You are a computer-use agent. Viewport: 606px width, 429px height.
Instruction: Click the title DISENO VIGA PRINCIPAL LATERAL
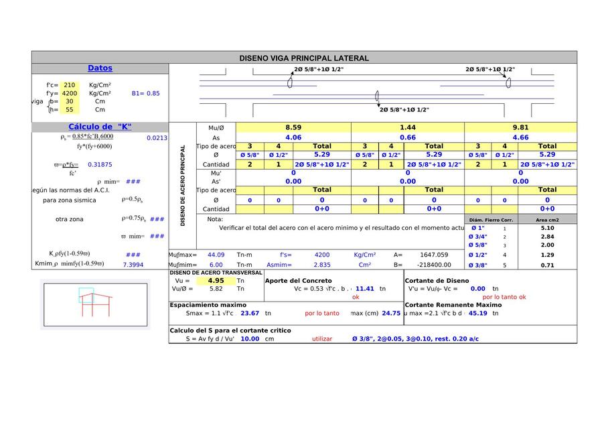[304, 58]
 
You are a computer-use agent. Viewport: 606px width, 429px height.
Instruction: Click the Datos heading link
[100, 68]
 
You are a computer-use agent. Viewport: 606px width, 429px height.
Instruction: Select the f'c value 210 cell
[69, 85]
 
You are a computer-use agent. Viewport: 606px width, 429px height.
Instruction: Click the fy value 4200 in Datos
[69, 94]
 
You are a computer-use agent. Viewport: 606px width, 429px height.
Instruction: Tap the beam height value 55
[69, 110]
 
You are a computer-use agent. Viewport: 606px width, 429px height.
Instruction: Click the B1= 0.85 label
[145, 94]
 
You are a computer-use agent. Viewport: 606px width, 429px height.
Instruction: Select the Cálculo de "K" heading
[100, 127]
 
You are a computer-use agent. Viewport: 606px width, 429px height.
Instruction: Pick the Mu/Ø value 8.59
[293, 127]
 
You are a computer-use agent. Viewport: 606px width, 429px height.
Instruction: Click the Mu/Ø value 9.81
[520, 127]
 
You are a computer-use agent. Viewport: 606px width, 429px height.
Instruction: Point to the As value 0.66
[407, 137]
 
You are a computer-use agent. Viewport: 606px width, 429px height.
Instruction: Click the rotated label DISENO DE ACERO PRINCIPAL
[183, 186]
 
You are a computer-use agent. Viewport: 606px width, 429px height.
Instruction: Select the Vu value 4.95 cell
[216, 281]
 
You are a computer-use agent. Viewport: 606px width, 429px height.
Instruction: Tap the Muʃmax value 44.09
[216, 255]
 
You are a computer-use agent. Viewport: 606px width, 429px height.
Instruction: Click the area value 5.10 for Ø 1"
[547, 228]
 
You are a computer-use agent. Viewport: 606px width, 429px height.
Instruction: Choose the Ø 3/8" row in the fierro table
[477, 265]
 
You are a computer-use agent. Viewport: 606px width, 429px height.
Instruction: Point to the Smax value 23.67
[250, 313]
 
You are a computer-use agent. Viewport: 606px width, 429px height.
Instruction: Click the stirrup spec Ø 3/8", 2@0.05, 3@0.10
[415, 339]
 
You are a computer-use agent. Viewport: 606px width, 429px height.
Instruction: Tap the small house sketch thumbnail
[94, 304]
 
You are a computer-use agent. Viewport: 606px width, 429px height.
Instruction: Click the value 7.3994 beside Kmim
[133, 265]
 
